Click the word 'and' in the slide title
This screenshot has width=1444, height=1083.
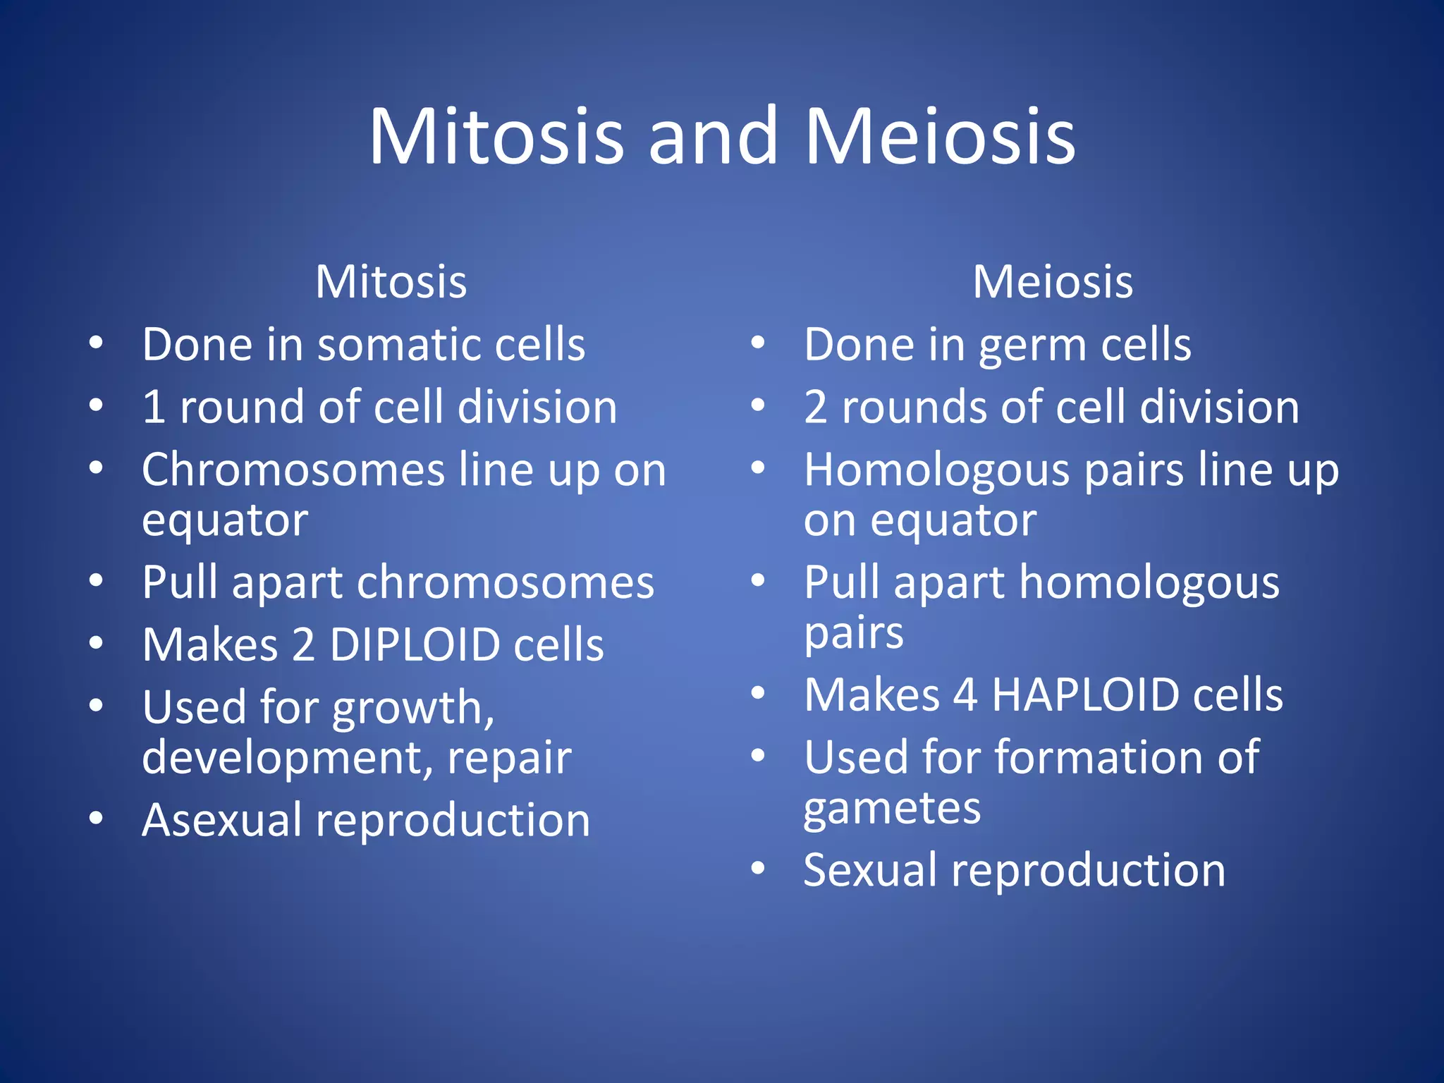pyautogui.click(x=714, y=137)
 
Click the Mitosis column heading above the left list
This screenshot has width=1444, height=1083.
pyautogui.click(x=391, y=282)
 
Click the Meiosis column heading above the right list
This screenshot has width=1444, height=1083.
pyautogui.click(x=1053, y=282)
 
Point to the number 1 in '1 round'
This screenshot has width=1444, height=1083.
pyautogui.click(x=154, y=408)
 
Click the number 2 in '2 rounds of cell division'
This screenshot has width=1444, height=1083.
pyautogui.click(x=816, y=408)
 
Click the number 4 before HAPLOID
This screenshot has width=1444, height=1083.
pyautogui.click(x=965, y=695)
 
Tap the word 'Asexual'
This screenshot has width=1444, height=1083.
pyautogui.click(x=221, y=821)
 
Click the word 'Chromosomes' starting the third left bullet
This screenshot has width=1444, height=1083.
pyautogui.click(x=293, y=470)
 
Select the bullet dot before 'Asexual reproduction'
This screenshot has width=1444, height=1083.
pyautogui.click(x=97, y=818)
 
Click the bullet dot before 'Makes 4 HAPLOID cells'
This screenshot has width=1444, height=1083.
pyautogui.click(x=758, y=693)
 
